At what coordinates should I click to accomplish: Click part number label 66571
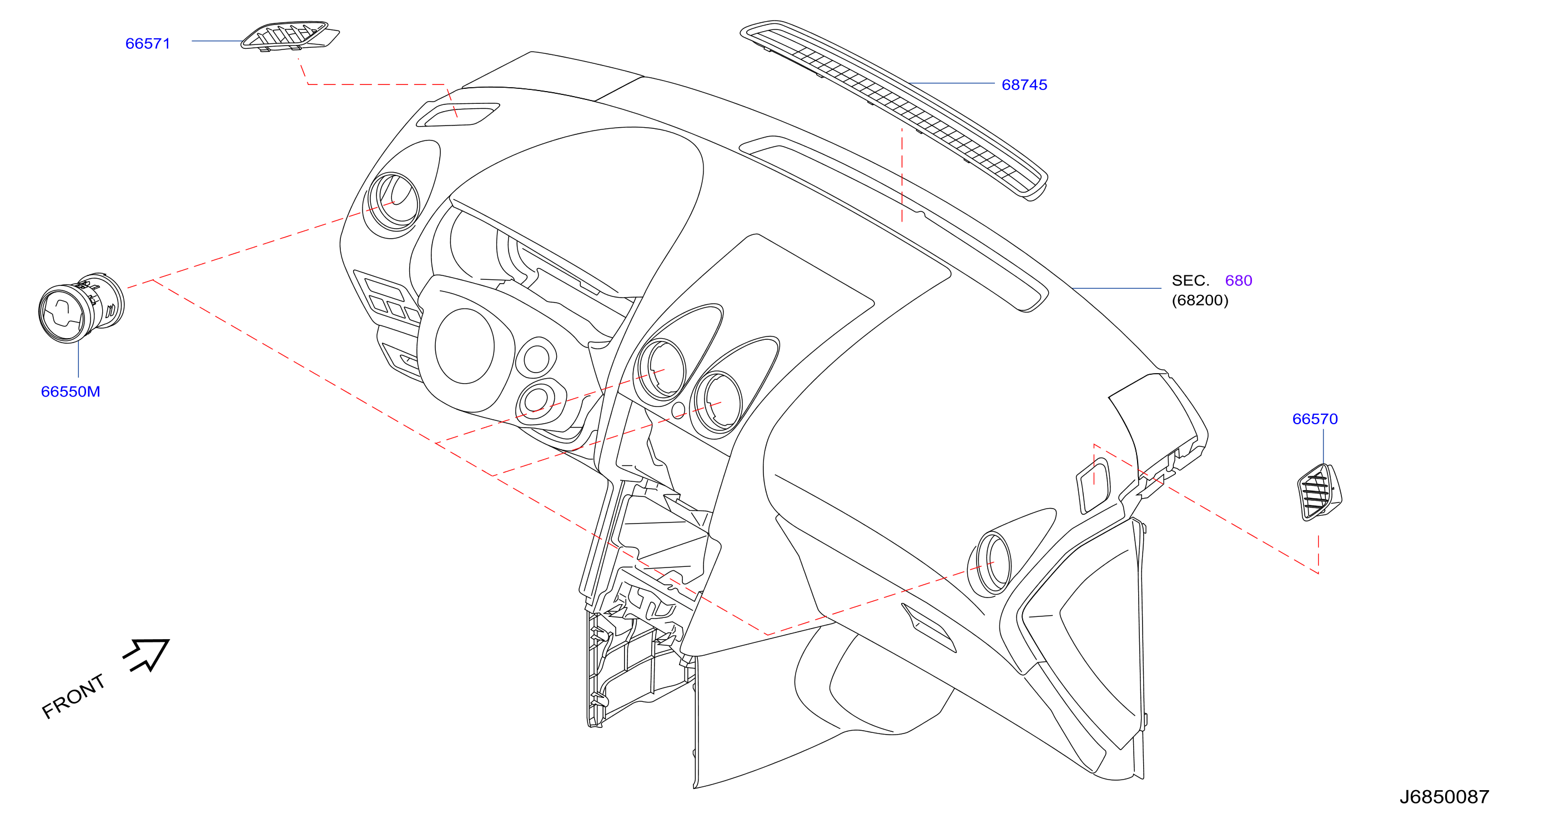point(148,44)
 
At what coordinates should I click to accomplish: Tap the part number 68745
point(1024,85)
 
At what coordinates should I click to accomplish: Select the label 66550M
point(71,391)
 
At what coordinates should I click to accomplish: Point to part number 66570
point(1315,419)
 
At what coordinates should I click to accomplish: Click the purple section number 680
point(1239,281)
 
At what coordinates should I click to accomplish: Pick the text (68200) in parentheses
point(1200,300)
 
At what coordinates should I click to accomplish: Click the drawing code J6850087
point(1445,797)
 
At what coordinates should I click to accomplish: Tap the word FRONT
point(73,696)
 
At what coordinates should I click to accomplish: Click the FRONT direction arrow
point(146,655)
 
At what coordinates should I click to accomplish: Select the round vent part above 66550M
point(81,309)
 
